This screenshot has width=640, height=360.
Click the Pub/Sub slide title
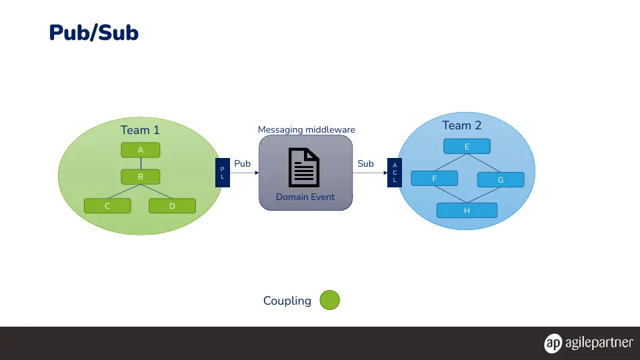(x=94, y=33)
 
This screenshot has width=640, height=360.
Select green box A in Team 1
(x=141, y=150)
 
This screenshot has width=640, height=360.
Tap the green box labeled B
(x=141, y=177)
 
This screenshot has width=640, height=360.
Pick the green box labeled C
(x=107, y=206)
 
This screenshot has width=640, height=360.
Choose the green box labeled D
(x=172, y=206)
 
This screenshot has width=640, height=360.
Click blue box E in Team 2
(x=467, y=146)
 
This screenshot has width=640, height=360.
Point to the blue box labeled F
(x=434, y=179)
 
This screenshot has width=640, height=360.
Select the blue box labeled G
(x=501, y=179)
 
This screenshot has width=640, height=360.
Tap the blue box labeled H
(x=467, y=210)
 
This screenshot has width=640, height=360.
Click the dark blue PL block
(x=223, y=173)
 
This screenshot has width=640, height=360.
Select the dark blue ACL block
(x=395, y=173)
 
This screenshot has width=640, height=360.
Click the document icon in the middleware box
(x=304, y=167)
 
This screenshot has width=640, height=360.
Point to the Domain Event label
(x=305, y=197)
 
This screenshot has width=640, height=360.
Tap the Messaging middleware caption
(x=307, y=129)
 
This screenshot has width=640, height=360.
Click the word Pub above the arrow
(x=243, y=163)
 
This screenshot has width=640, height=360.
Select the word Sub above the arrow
(x=366, y=163)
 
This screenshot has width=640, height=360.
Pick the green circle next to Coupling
(x=330, y=300)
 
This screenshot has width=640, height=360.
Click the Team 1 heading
(x=140, y=130)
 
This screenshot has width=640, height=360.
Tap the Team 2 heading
(x=462, y=125)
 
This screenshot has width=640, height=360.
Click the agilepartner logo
(x=589, y=343)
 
